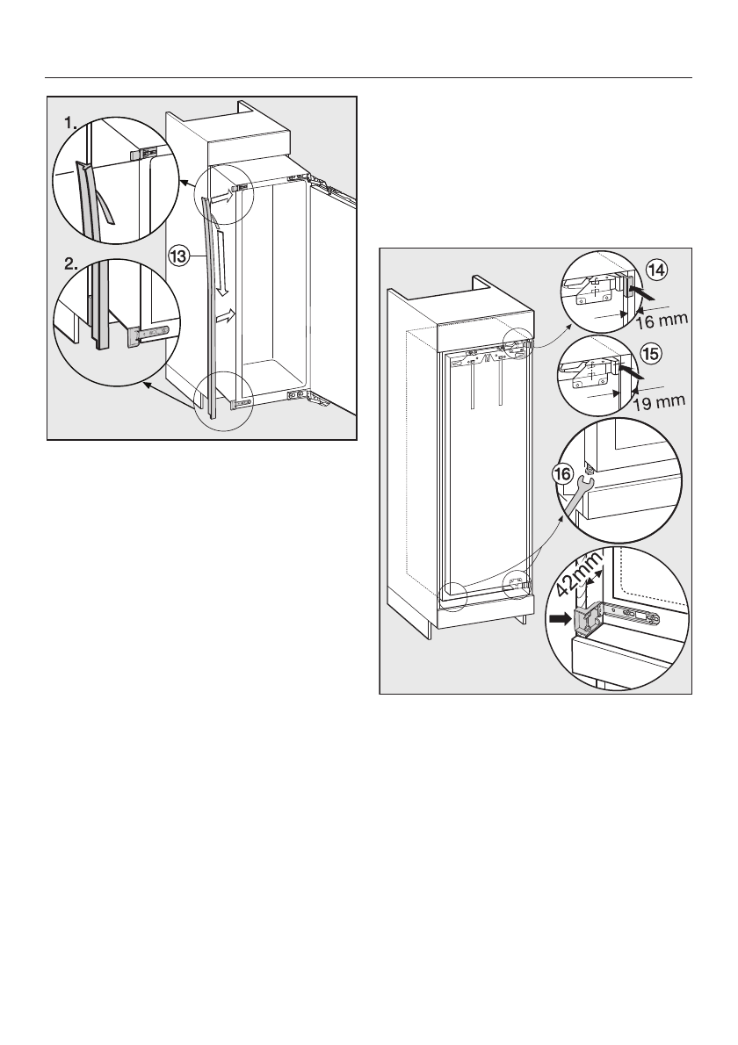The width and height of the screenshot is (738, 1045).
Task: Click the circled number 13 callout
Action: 178,256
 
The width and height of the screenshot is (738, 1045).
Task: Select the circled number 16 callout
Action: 565,473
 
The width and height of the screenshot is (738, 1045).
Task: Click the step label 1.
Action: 69,126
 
